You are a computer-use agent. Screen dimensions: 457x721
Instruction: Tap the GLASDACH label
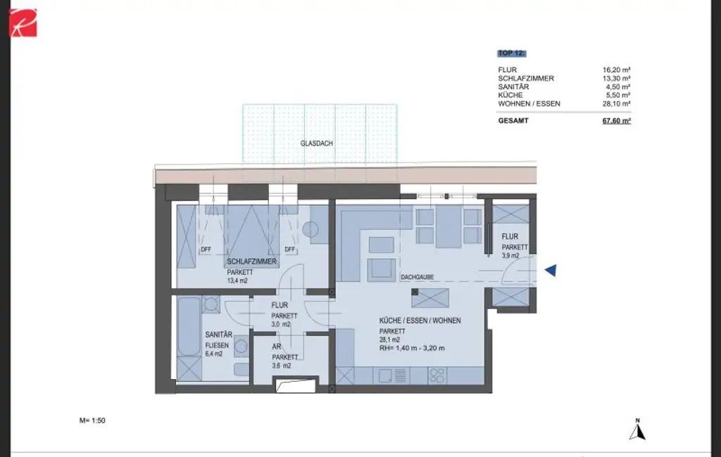click(x=316, y=143)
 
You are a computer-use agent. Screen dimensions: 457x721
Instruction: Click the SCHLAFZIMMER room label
click(x=251, y=262)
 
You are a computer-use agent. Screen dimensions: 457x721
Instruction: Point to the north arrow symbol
click(x=637, y=430)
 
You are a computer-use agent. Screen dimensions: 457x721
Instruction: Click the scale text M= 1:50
click(x=92, y=420)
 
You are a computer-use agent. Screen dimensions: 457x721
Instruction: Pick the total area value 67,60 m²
click(x=616, y=121)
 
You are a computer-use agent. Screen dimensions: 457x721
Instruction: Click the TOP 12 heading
click(x=511, y=53)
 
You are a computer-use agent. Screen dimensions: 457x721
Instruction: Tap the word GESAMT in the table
click(x=513, y=121)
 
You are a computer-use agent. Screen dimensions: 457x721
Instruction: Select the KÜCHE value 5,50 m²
click(x=617, y=95)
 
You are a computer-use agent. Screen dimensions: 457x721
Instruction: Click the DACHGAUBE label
click(x=415, y=278)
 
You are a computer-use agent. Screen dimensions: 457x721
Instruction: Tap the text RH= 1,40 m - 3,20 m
click(x=413, y=348)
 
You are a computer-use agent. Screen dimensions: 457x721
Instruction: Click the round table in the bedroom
click(x=311, y=229)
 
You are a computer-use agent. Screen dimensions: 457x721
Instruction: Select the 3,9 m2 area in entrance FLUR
click(x=510, y=256)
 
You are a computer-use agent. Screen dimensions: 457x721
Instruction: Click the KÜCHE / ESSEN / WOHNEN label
click(x=420, y=321)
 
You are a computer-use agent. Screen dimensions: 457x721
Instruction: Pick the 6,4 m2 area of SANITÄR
click(x=214, y=354)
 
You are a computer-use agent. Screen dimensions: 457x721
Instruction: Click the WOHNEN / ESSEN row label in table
click(x=529, y=103)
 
